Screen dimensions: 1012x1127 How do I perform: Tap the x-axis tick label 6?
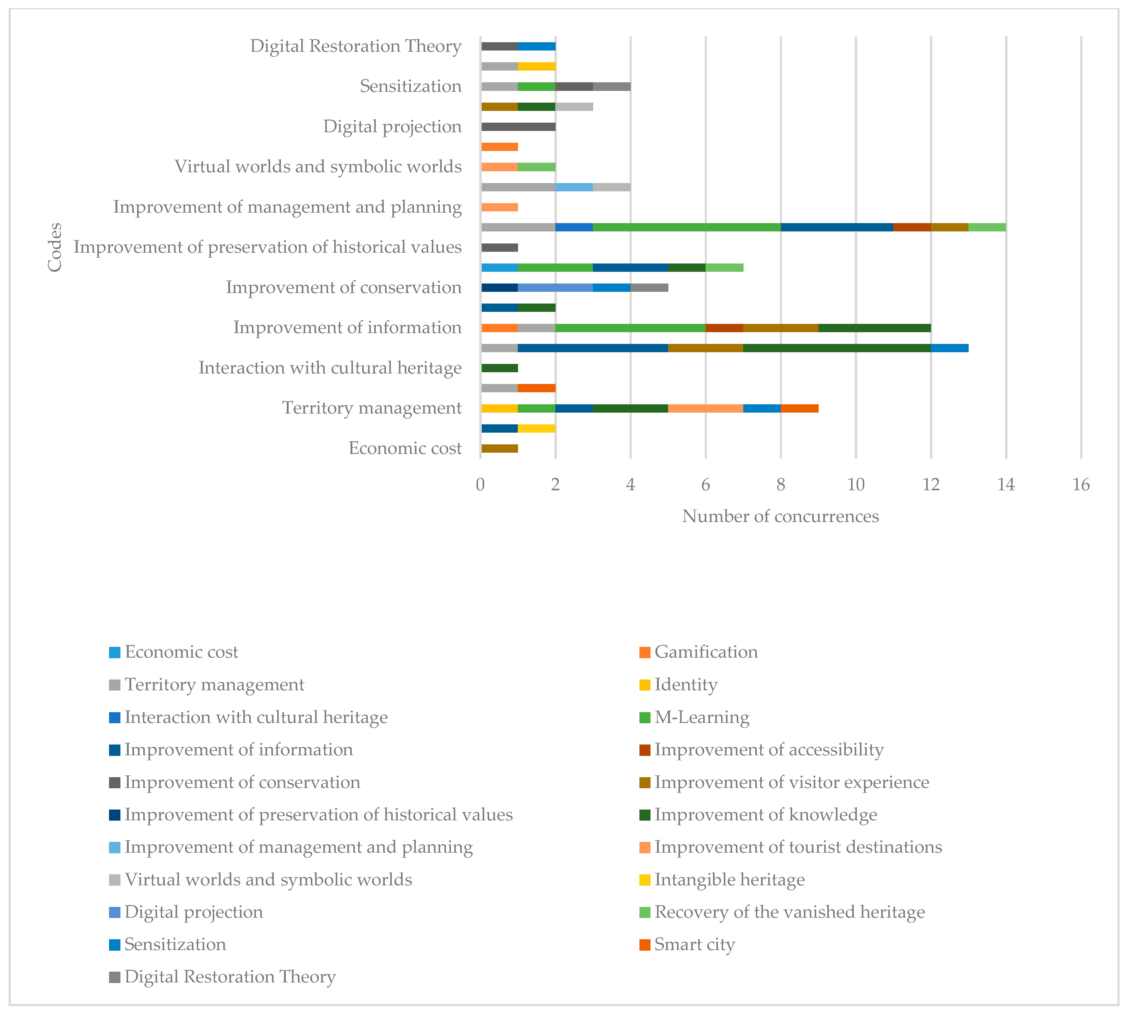(705, 485)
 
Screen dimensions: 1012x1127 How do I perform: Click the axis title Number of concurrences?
(780, 516)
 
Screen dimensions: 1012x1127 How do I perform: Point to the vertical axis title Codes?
(55, 247)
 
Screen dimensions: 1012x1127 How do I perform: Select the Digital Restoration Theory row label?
(356, 46)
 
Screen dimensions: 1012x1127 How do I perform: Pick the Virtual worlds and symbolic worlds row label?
(318, 167)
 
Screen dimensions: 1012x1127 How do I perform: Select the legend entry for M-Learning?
(701, 717)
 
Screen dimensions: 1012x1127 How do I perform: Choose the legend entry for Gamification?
(706, 652)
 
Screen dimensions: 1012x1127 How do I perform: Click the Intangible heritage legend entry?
(729, 880)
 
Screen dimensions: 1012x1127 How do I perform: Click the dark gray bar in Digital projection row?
(518, 127)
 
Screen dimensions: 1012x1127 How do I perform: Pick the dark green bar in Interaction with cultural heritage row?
(500, 368)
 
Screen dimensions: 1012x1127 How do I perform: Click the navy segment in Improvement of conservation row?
(500, 288)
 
